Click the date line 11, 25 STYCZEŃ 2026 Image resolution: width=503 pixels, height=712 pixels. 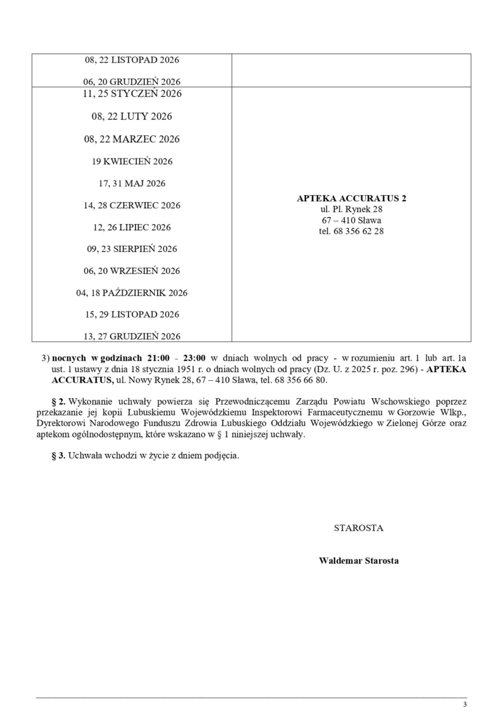click(132, 94)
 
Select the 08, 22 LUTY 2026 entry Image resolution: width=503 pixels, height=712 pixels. click(132, 116)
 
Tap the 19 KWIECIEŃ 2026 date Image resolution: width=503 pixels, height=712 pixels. click(132, 161)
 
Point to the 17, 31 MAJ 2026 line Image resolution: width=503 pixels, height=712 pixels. click(132, 183)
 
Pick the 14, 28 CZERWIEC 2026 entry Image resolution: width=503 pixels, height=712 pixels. click(132, 205)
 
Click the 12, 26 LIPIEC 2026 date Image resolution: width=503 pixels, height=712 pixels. click(132, 227)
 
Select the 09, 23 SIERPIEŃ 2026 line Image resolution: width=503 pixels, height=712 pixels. click(132, 249)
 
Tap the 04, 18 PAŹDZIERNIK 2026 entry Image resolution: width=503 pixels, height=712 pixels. click(132, 293)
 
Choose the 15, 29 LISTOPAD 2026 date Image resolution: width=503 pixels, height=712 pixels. click(132, 314)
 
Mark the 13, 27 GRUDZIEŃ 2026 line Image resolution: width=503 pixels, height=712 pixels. click(132, 336)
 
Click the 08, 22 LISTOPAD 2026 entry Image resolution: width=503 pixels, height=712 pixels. click(132, 60)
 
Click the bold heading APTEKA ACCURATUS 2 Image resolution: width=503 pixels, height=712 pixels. click(351, 199)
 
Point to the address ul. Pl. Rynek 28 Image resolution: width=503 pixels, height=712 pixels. click(351, 209)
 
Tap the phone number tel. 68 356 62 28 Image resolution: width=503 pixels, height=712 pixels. click(351, 231)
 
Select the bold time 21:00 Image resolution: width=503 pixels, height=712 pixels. click(160, 358)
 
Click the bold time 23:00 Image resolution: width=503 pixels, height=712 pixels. click(193, 358)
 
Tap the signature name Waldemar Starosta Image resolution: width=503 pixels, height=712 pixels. click(358, 560)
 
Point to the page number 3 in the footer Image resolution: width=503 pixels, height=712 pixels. click(465, 704)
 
